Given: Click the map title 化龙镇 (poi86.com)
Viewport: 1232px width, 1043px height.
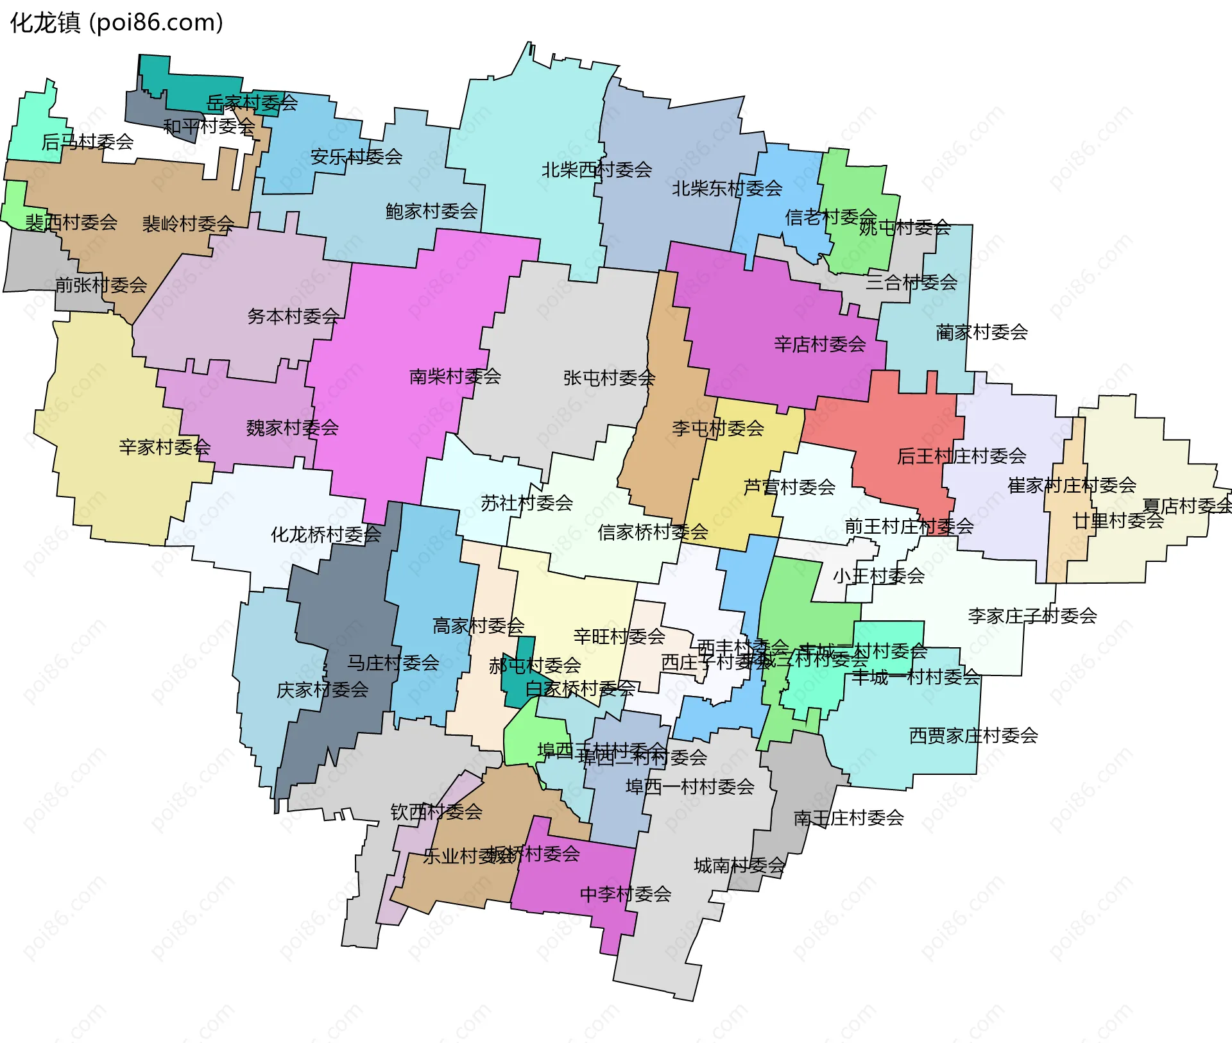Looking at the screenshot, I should click(116, 23).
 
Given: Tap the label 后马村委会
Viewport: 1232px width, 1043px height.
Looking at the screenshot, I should click(87, 142).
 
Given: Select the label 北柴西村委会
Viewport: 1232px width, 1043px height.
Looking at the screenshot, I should click(596, 170).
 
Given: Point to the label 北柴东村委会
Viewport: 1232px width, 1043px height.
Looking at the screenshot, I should click(726, 189).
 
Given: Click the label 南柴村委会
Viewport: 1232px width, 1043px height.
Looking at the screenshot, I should click(455, 377).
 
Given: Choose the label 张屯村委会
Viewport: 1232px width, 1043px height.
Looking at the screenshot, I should click(608, 378).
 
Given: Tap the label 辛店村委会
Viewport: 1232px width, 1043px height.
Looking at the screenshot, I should click(819, 344).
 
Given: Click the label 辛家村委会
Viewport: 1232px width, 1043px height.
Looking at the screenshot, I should click(164, 447).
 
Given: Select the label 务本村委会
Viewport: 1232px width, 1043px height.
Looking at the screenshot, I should click(293, 316).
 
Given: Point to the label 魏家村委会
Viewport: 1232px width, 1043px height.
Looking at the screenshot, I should click(292, 428).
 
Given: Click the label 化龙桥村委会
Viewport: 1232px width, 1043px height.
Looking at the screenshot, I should click(325, 534).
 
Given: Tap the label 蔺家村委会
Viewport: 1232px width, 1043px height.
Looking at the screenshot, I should click(981, 332).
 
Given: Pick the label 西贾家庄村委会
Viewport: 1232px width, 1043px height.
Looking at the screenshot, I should click(973, 736).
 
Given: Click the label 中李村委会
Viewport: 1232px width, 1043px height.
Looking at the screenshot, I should click(625, 894).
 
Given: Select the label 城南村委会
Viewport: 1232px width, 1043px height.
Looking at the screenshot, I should click(739, 866).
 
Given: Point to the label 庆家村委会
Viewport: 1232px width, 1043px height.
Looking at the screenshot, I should click(322, 690).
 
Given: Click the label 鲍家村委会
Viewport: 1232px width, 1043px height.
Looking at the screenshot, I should click(431, 211).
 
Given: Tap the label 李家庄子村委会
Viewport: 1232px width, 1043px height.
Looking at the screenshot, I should click(1032, 616).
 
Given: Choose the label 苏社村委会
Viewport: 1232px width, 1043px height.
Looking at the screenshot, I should click(526, 503).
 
